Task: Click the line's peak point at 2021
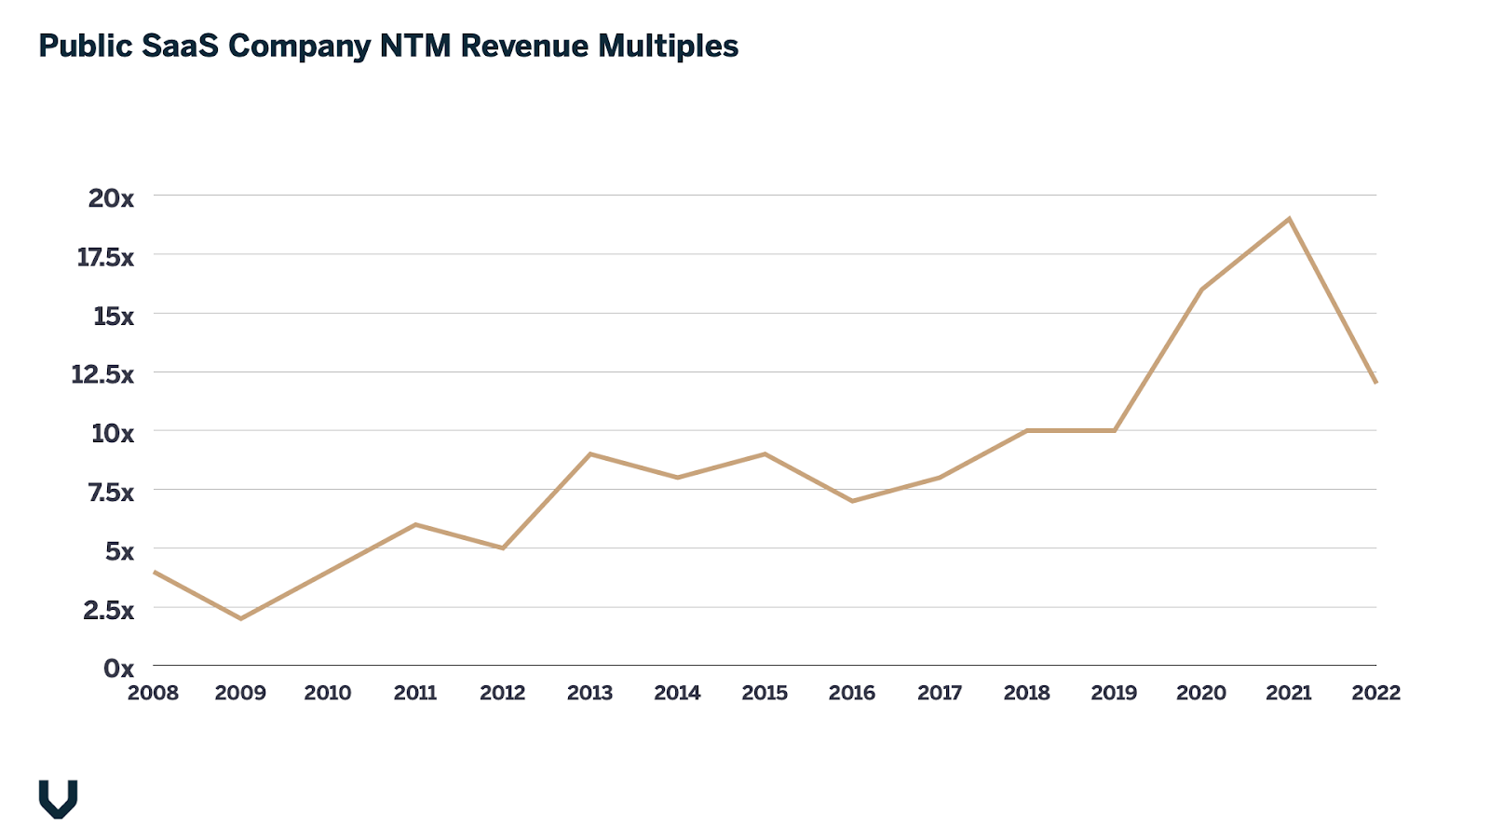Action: click(x=1289, y=219)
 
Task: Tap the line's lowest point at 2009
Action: click(x=240, y=618)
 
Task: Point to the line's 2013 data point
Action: click(x=590, y=453)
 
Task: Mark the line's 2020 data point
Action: click(x=1201, y=290)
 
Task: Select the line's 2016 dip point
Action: click(x=852, y=501)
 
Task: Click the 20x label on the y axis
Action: click(x=111, y=197)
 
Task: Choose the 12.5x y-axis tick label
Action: click(x=102, y=374)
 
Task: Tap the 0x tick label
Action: click(x=118, y=668)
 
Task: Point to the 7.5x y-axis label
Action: click(x=111, y=492)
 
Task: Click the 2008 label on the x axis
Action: click(x=153, y=693)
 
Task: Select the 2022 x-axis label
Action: click(x=1375, y=693)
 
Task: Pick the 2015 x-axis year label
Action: click(x=765, y=693)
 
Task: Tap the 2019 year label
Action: click(x=1114, y=693)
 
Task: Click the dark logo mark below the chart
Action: click(x=58, y=799)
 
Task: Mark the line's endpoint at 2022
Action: click(x=1375, y=382)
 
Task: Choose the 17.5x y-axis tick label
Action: click(x=105, y=257)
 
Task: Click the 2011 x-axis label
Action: click(x=415, y=693)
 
